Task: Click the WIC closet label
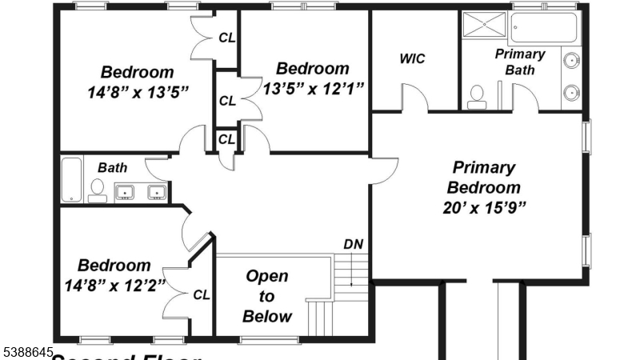coord(412,58)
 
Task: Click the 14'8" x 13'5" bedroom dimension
coord(138,91)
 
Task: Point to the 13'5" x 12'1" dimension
coord(314,88)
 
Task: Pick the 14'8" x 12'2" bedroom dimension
coord(114,284)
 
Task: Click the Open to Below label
coord(267,296)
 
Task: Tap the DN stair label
coord(353,244)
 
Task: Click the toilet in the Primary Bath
coord(476,96)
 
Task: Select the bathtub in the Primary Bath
coord(545,28)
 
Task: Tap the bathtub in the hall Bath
coord(71,180)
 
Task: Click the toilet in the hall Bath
coord(98,190)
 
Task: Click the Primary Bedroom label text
coord(483,178)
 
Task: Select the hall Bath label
coord(112,168)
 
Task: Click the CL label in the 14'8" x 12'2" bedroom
coord(202,294)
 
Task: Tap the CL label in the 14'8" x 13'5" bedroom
coord(227,37)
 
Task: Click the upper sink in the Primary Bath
coord(571,61)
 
